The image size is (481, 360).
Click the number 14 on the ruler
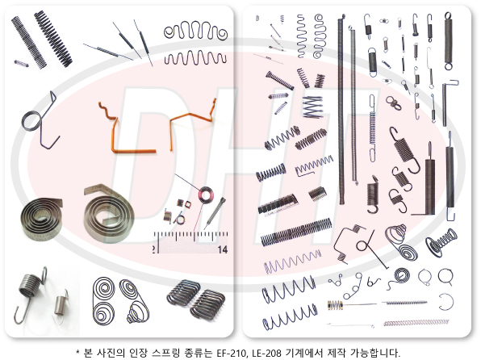pyautogui.click(x=223, y=249)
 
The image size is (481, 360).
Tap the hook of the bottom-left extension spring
pyautogui.click(x=19, y=316)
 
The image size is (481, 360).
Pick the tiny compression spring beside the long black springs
pyautogui.click(x=22, y=64)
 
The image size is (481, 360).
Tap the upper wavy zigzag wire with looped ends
pyautogui.click(x=195, y=31)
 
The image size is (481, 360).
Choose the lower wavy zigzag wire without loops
pyautogui.click(x=195, y=57)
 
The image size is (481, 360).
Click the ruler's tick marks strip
pyautogui.click(x=190, y=236)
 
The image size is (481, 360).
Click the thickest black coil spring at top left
pyautogui.click(x=53, y=39)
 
